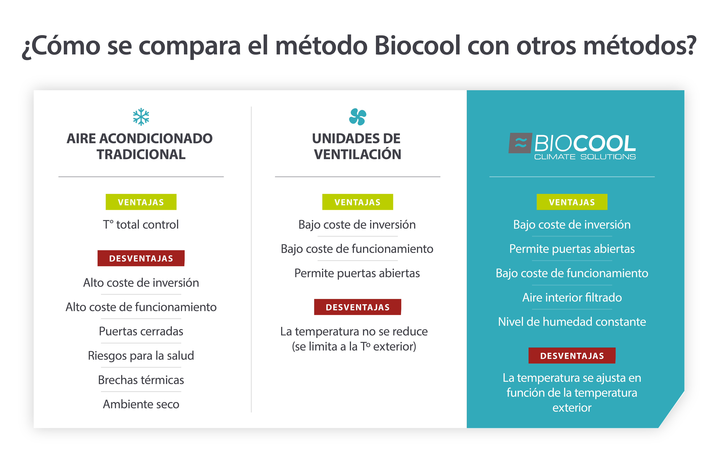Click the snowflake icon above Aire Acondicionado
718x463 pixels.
point(141,117)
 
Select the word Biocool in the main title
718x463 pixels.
point(417,46)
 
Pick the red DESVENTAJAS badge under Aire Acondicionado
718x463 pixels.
point(141,258)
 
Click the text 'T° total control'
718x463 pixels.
point(141,225)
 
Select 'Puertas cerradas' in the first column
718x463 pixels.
point(141,331)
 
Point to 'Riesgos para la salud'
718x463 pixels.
point(141,356)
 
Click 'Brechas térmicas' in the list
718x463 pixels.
point(141,380)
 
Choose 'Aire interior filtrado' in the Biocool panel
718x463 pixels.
point(572,297)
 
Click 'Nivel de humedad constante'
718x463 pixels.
point(572,322)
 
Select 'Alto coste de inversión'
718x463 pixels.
point(141,283)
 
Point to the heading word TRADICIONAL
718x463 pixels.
point(141,155)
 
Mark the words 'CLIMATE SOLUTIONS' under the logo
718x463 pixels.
point(585,157)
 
